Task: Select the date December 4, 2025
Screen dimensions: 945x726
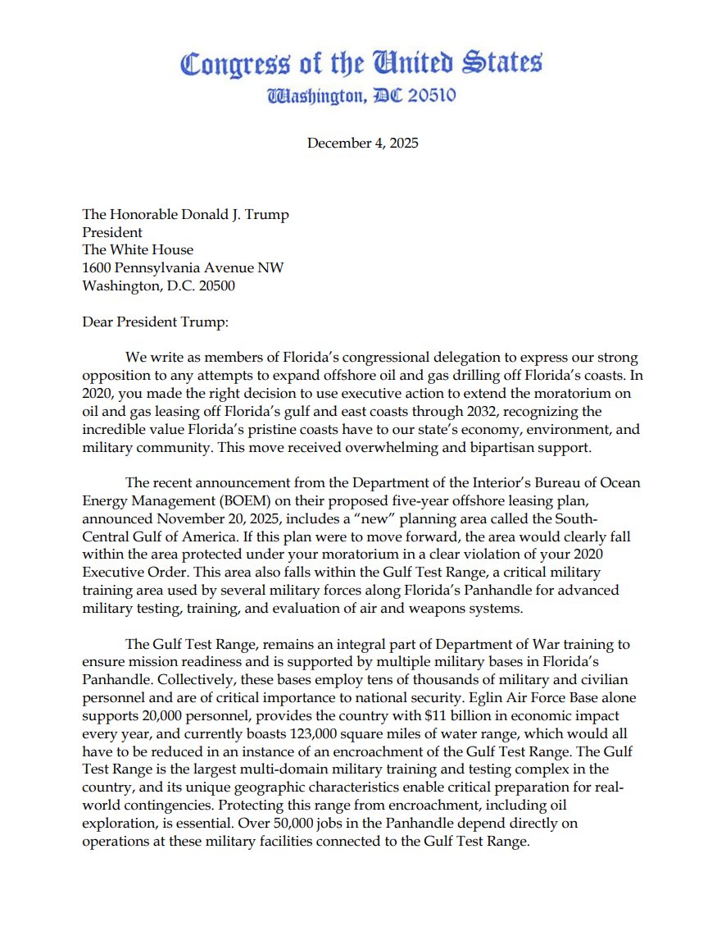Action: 362,143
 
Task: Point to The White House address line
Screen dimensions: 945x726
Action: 138,250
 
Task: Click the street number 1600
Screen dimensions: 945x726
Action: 97,268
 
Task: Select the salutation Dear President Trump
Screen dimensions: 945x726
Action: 155,322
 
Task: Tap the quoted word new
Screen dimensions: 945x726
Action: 383,519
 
